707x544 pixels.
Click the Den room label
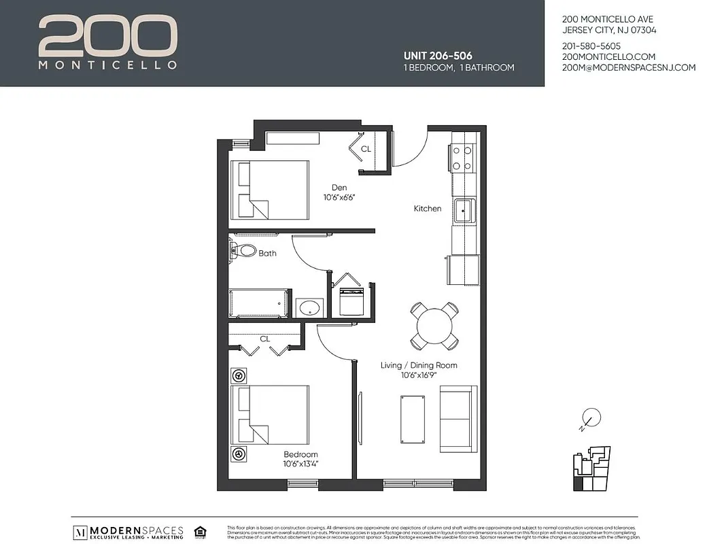[x=339, y=188]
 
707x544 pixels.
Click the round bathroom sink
[x=309, y=307]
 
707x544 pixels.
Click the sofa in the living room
[x=458, y=419]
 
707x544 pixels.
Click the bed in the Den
[x=270, y=190]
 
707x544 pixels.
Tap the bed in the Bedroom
[x=270, y=415]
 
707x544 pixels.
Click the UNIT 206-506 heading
[x=438, y=56]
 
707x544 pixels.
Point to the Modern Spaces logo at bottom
[x=129, y=531]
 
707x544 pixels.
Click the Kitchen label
[x=428, y=209]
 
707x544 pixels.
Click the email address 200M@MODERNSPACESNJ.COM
[x=629, y=67]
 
